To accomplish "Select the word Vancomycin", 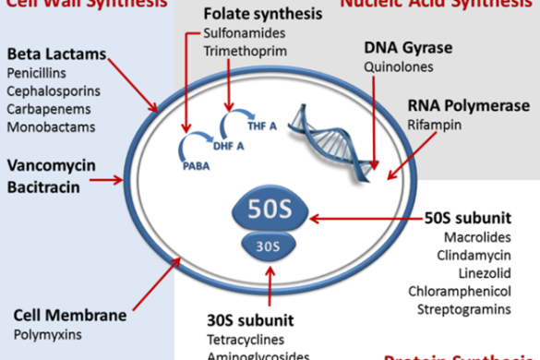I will (x=47, y=167).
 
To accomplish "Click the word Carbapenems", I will (x=43, y=106).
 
